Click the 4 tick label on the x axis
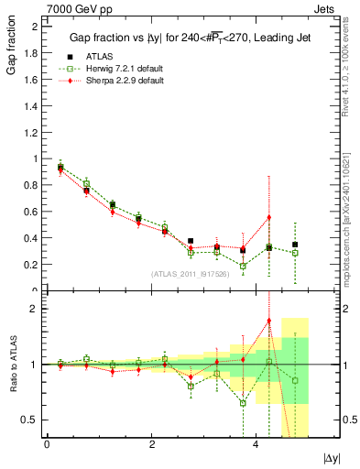click(x=256, y=443)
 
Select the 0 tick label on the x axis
click(x=47, y=443)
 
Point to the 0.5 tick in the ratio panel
click(x=31, y=420)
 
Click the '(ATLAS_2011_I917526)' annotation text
click(x=190, y=274)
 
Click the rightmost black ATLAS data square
click(x=295, y=245)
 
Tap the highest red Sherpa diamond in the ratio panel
click(x=269, y=321)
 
